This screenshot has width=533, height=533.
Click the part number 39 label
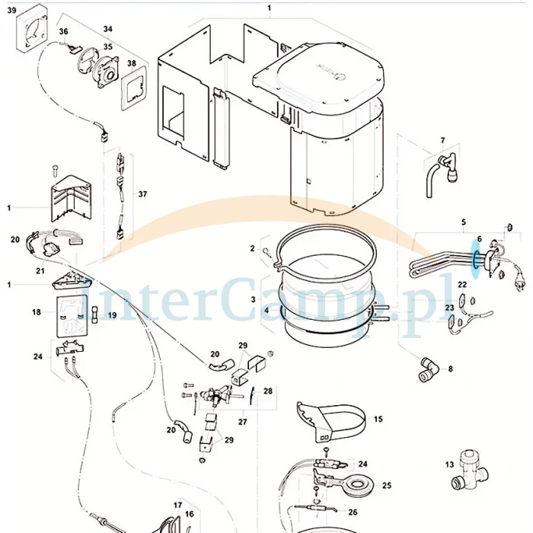11,10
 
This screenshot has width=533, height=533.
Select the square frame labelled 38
134,88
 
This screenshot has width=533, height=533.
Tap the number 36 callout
63,31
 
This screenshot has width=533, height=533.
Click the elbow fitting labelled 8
428,369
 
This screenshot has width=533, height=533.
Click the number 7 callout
442,140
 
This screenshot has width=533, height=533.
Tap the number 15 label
378,419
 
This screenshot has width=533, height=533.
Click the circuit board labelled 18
72,316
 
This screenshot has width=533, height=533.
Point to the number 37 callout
142,194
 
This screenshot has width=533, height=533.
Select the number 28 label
268,391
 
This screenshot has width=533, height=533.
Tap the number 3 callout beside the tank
254,299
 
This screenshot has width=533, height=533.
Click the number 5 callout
464,222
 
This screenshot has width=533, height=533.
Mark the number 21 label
40,271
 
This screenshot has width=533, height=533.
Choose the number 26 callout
353,512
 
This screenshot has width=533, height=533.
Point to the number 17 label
177,506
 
